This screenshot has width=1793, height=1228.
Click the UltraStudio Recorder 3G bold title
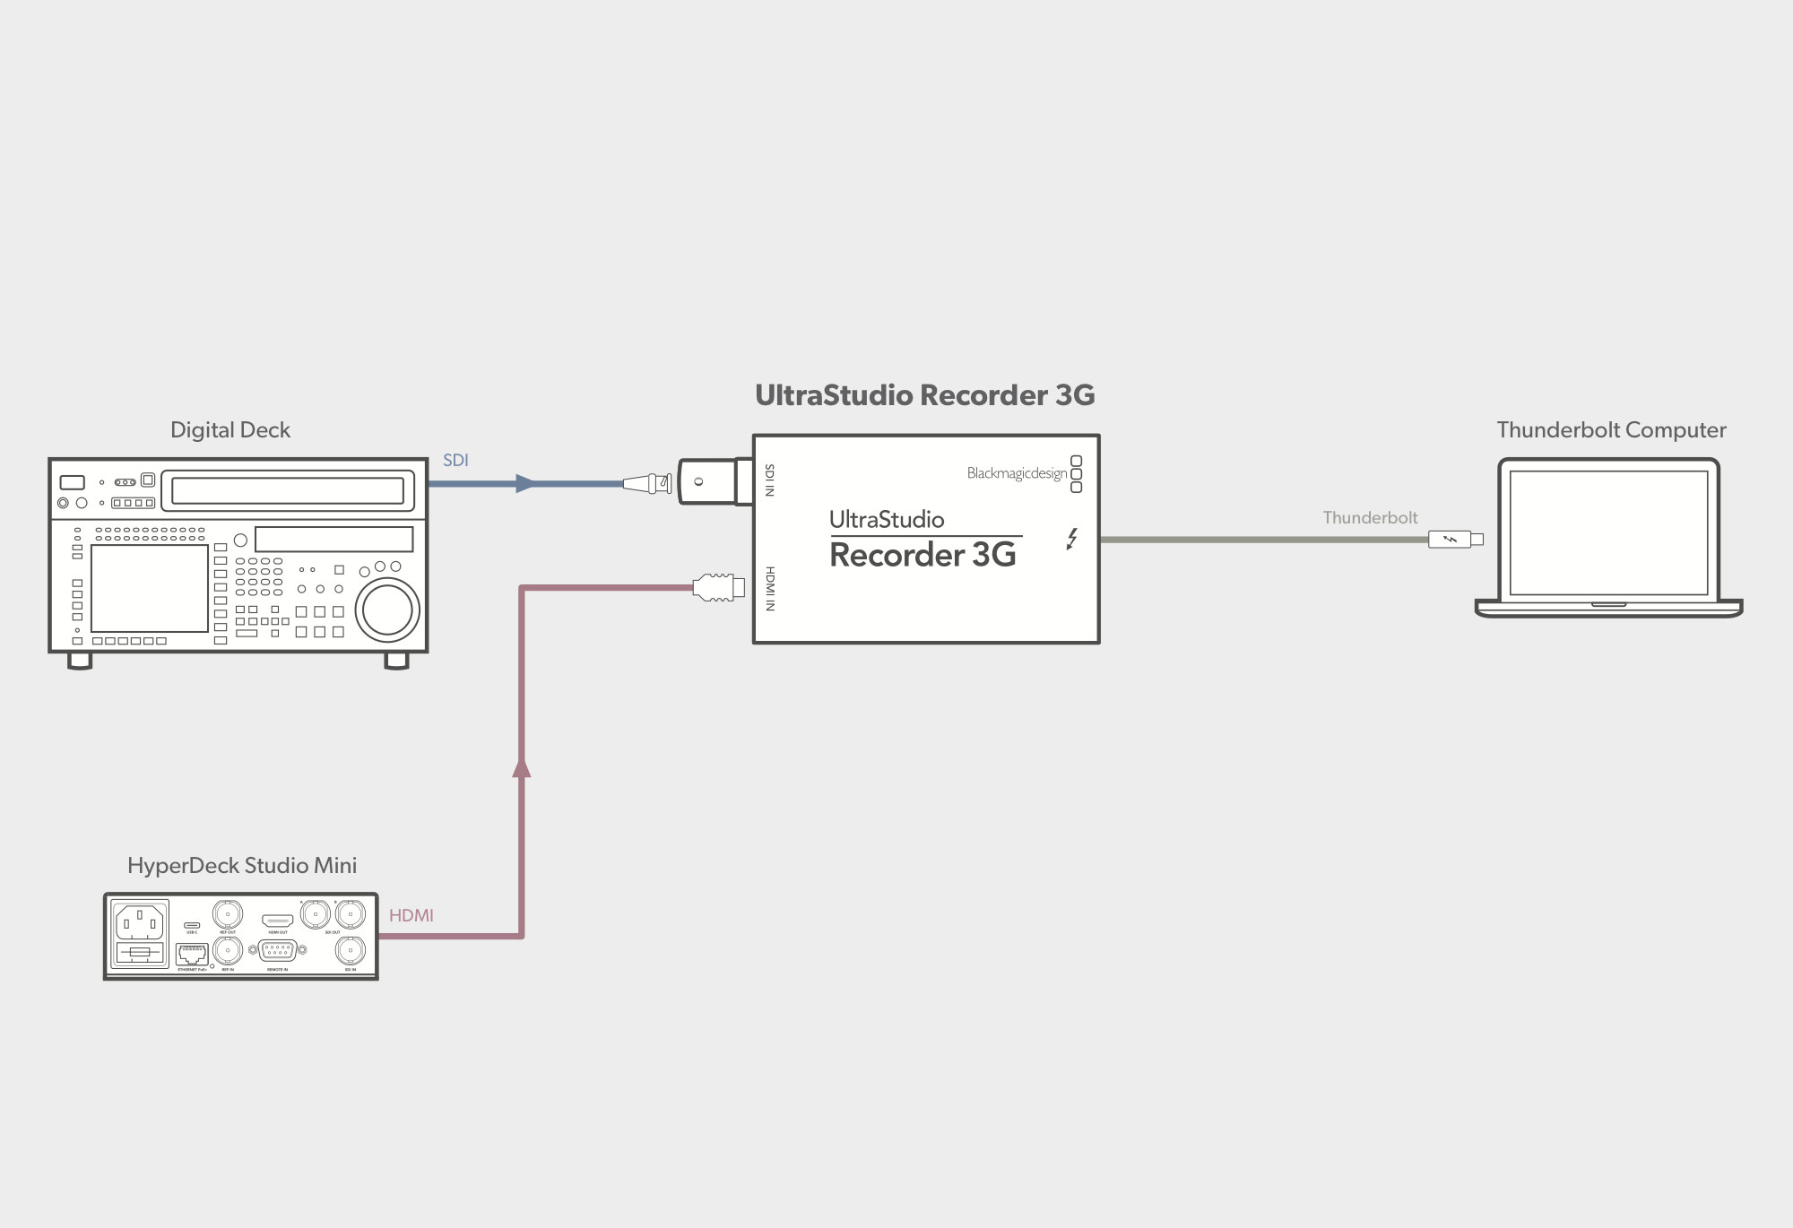924,395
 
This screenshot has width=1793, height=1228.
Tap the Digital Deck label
230,430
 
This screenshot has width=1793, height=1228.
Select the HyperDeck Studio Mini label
242,865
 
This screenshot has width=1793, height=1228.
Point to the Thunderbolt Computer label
1611,430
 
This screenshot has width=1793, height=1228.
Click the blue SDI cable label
455,460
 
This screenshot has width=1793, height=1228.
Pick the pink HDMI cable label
411,915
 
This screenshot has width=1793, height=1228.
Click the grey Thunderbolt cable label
1370,517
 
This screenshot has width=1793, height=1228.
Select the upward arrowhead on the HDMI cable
521,767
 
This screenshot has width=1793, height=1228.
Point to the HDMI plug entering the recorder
718,588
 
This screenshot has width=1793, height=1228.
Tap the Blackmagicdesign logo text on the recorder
1017,473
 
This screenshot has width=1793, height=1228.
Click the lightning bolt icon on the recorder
1071,539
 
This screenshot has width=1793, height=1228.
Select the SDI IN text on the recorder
769,480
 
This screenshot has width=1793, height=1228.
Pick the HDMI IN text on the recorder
769,589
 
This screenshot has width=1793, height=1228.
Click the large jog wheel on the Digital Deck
387,610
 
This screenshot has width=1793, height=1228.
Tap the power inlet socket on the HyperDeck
140,921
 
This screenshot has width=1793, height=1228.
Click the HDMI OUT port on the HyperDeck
277,921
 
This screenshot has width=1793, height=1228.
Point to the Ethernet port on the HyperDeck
192,955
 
